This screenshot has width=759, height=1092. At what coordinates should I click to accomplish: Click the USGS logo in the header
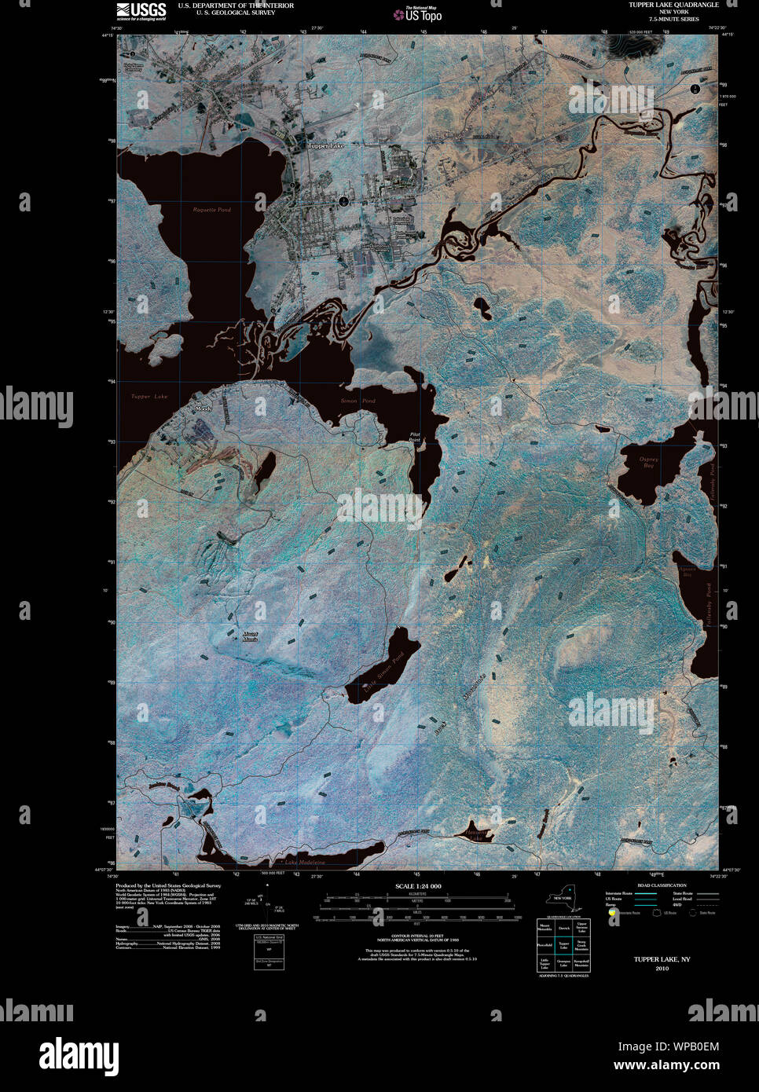[x=141, y=11]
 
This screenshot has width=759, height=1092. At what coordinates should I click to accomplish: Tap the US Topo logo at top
[x=418, y=13]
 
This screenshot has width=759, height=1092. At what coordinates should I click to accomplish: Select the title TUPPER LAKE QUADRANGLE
[x=673, y=5]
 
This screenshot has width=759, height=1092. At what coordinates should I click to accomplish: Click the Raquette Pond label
[x=212, y=210]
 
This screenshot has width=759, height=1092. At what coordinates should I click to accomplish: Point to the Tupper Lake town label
[x=325, y=146]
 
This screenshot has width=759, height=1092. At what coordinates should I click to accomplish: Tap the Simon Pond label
[x=357, y=401]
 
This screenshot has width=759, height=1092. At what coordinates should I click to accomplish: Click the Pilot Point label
[x=415, y=437]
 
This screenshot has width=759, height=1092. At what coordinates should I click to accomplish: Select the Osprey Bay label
[x=648, y=463]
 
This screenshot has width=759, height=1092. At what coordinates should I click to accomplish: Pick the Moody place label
[x=203, y=409]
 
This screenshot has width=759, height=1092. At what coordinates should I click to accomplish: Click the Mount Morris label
[x=250, y=636]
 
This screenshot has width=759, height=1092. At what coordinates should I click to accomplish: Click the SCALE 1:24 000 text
[x=418, y=886]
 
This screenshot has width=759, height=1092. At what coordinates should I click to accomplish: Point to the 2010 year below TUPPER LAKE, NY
[x=662, y=969]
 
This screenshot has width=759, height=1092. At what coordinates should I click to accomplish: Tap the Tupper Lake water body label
[x=149, y=397]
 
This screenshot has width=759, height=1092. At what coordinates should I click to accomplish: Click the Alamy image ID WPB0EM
[x=667, y=1046]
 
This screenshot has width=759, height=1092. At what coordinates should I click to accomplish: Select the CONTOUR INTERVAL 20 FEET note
[x=418, y=936]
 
